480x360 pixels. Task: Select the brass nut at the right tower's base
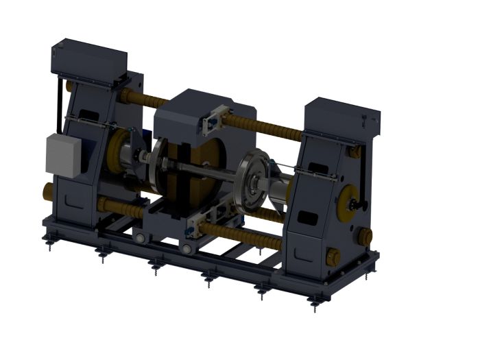pyautogui.click(x=333, y=258)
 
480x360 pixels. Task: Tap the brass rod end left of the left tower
pyautogui.click(x=49, y=190)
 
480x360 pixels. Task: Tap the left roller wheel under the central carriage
pyautogui.click(x=141, y=237)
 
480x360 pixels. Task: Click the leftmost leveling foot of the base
pyautogui.click(x=50, y=241)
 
